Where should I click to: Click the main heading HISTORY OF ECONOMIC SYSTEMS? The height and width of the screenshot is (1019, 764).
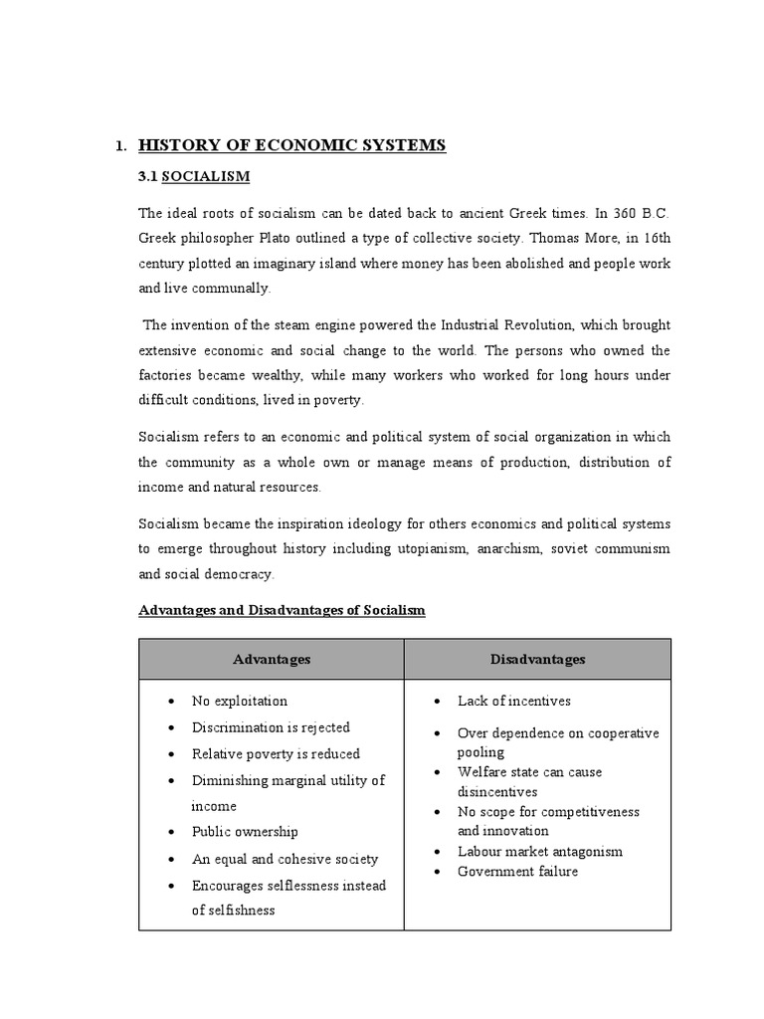click(x=292, y=146)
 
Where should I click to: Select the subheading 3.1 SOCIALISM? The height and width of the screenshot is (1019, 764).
click(x=194, y=177)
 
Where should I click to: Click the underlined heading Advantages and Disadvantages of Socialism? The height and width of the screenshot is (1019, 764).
click(x=282, y=610)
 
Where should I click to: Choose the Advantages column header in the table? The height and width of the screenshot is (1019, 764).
click(x=272, y=659)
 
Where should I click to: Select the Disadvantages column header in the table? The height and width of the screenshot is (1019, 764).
click(x=537, y=659)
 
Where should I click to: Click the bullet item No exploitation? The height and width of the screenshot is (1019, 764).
click(x=240, y=701)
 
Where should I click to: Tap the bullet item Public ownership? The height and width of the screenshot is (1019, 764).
click(x=245, y=832)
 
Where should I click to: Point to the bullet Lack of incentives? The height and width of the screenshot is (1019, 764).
click(x=514, y=701)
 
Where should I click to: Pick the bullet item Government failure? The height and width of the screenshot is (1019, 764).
click(x=517, y=872)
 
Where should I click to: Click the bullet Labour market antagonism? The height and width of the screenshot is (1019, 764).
click(x=540, y=851)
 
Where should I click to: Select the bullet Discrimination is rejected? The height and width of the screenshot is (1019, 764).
click(x=271, y=727)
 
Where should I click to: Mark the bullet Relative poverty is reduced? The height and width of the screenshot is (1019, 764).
click(x=276, y=754)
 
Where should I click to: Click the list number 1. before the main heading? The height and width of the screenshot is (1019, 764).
click(x=120, y=147)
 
